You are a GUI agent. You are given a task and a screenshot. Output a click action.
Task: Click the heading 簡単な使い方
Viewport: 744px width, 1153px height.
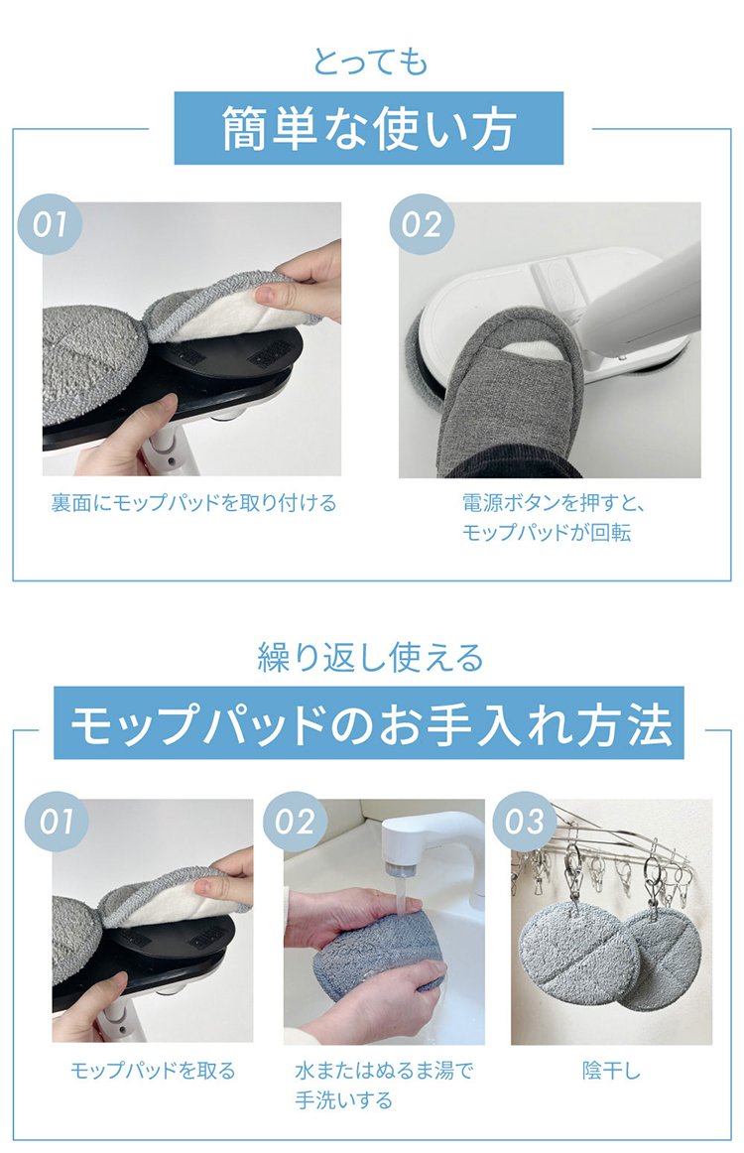[368, 128]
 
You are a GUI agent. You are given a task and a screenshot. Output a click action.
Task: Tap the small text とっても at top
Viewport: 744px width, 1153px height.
[370, 62]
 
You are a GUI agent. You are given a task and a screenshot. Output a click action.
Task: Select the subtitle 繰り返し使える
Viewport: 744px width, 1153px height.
[371, 657]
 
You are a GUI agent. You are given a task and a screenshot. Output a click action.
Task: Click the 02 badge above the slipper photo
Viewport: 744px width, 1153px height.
[422, 224]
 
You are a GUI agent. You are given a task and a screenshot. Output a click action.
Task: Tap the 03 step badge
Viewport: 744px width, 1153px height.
[524, 823]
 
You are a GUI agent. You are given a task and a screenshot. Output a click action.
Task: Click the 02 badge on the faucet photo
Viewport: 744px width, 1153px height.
[294, 823]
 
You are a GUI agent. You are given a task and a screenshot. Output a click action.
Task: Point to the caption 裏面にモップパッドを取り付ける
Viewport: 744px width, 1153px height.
[193, 504]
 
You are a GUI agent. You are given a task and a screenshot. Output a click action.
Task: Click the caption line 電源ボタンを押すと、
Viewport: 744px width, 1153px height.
[554, 504]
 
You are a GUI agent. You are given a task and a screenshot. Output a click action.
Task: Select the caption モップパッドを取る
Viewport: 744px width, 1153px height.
[152, 1071]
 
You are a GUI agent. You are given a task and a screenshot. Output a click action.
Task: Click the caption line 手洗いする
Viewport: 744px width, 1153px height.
[343, 1100]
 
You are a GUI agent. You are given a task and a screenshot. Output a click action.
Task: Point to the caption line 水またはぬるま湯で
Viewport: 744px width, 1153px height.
[384, 1071]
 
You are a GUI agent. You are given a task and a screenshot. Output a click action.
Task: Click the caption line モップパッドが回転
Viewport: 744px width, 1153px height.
[547, 533]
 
